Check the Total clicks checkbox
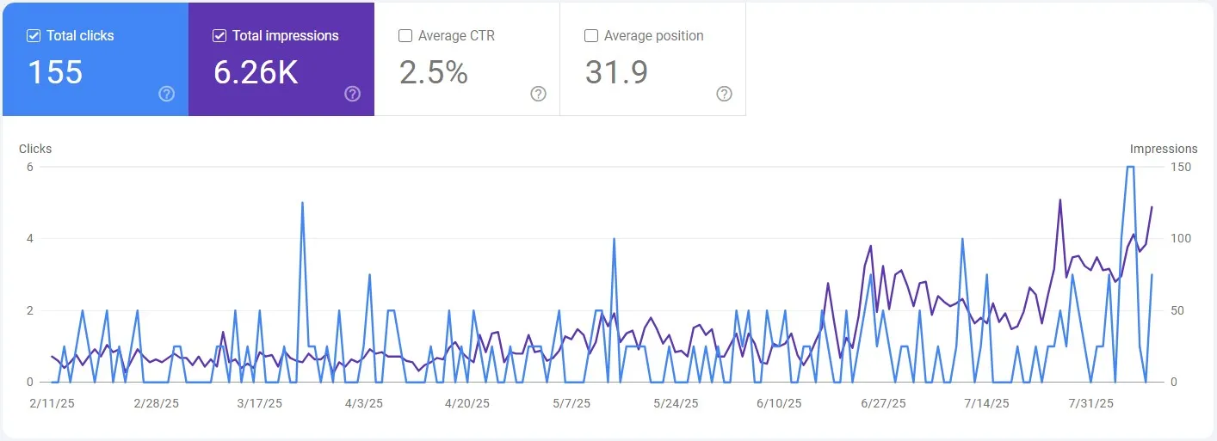pyautogui.click(x=34, y=36)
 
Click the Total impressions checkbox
pyautogui.click(x=219, y=36)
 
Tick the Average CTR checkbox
pyautogui.click(x=405, y=36)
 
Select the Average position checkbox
pyautogui.click(x=591, y=36)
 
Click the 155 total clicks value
pyautogui.click(x=55, y=72)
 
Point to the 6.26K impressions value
pyautogui.click(x=256, y=72)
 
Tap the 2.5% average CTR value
pyautogui.click(x=434, y=72)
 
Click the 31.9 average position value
pyautogui.click(x=616, y=72)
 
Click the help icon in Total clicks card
pyautogui.click(x=167, y=94)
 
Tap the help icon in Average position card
pyautogui.click(x=725, y=94)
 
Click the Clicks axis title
pyautogui.click(x=35, y=149)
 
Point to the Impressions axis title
pyautogui.click(x=1164, y=149)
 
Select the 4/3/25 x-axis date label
pyautogui.click(x=364, y=403)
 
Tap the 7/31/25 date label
pyautogui.click(x=1090, y=403)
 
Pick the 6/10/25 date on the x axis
pyautogui.click(x=779, y=403)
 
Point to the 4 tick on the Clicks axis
pyautogui.click(x=29, y=238)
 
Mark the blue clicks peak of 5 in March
pyautogui.click(x=302, y=203)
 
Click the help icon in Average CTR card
pyautogui.click(x=539, y=94)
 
